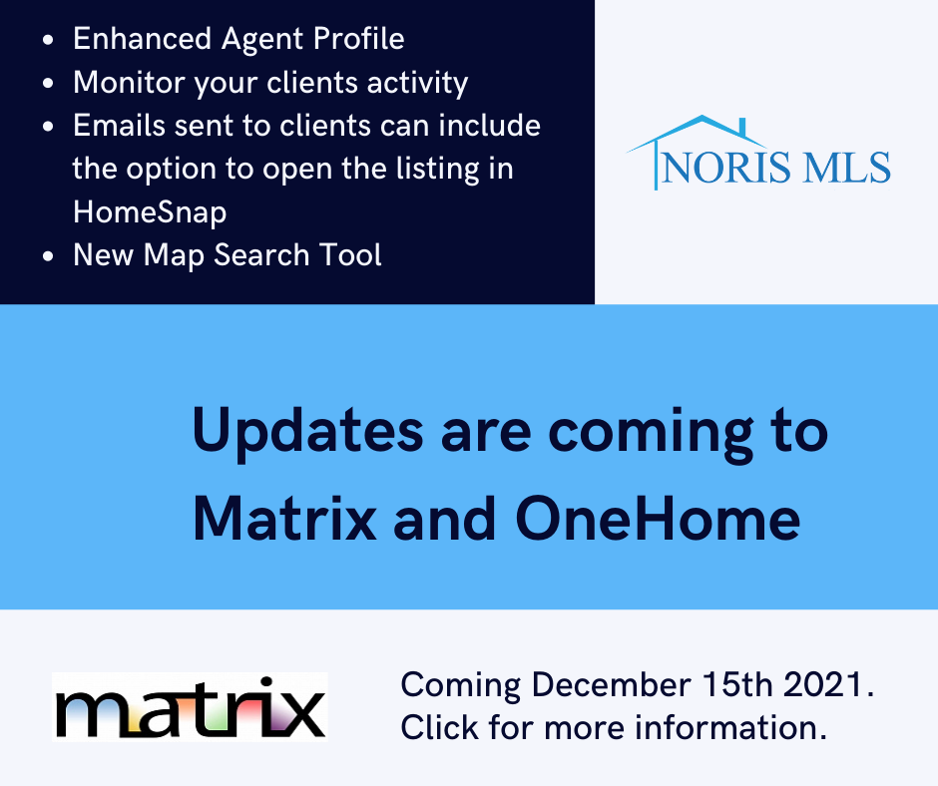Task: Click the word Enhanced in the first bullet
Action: [143, 39]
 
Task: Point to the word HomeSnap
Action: [150, 212]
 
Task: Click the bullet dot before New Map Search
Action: [49, 256]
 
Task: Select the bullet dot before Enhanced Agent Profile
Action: [49, 40]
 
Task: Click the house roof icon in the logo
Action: [697, 141]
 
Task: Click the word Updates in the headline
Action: [307, 432]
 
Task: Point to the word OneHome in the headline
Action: [658, 520]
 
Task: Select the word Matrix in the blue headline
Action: [284, 520]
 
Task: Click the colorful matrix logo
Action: [190, 707]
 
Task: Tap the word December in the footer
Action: [612, 684]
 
